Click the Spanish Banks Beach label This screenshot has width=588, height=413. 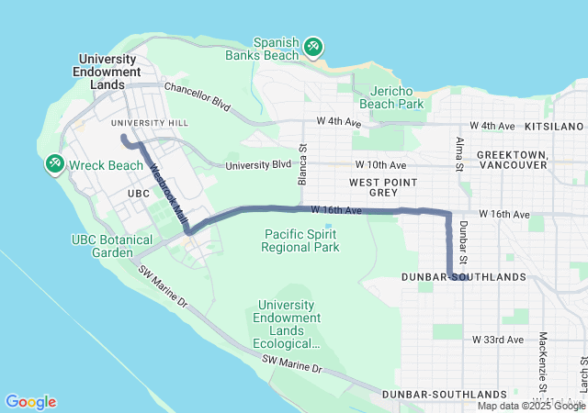[277, 49]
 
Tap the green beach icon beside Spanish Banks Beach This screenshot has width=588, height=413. [312, 45]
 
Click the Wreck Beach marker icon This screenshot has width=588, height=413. [54, 163]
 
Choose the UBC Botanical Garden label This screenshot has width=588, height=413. [108, 245]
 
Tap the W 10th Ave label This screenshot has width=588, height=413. [380, 164]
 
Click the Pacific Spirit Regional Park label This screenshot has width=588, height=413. [300, 240]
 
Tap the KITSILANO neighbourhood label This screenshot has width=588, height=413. [554, 125]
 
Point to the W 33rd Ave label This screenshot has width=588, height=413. [498, 340]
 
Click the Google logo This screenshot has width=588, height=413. [30, 402]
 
